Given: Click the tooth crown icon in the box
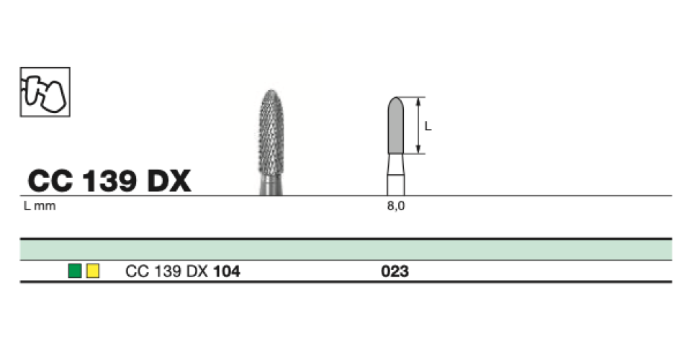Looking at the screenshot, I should point(45,91).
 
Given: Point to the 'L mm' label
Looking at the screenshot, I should point(40,206).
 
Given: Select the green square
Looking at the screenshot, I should point(74,271).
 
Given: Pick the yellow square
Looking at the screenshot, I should point(92,271).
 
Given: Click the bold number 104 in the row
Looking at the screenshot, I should point(227,271).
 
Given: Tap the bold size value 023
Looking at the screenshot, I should point(395,271).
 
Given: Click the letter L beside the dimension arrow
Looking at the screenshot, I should point(428,126).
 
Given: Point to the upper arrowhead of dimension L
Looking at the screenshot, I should point(418,100).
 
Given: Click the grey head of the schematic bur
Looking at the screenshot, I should point(395,126).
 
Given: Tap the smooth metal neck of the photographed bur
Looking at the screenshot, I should point(271,186).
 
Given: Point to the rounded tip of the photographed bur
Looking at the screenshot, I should point(271,93).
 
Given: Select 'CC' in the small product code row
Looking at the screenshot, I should point(135,271).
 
